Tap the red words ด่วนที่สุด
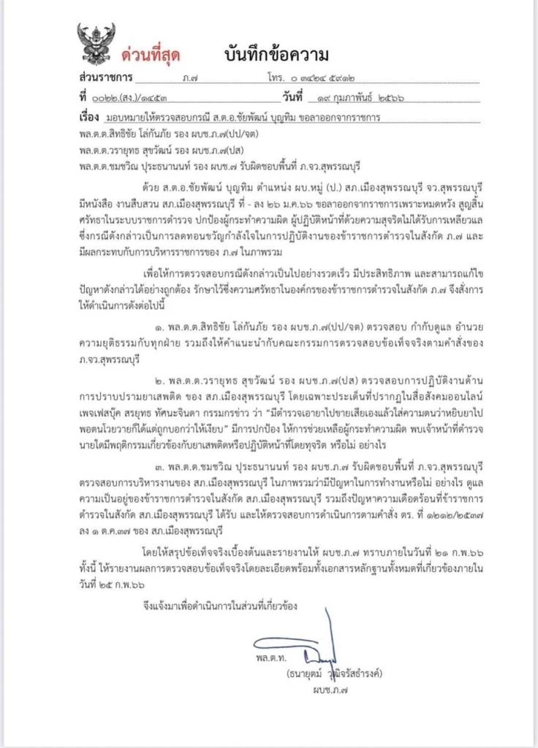tap(151, 55)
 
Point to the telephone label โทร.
tap(276, 77)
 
